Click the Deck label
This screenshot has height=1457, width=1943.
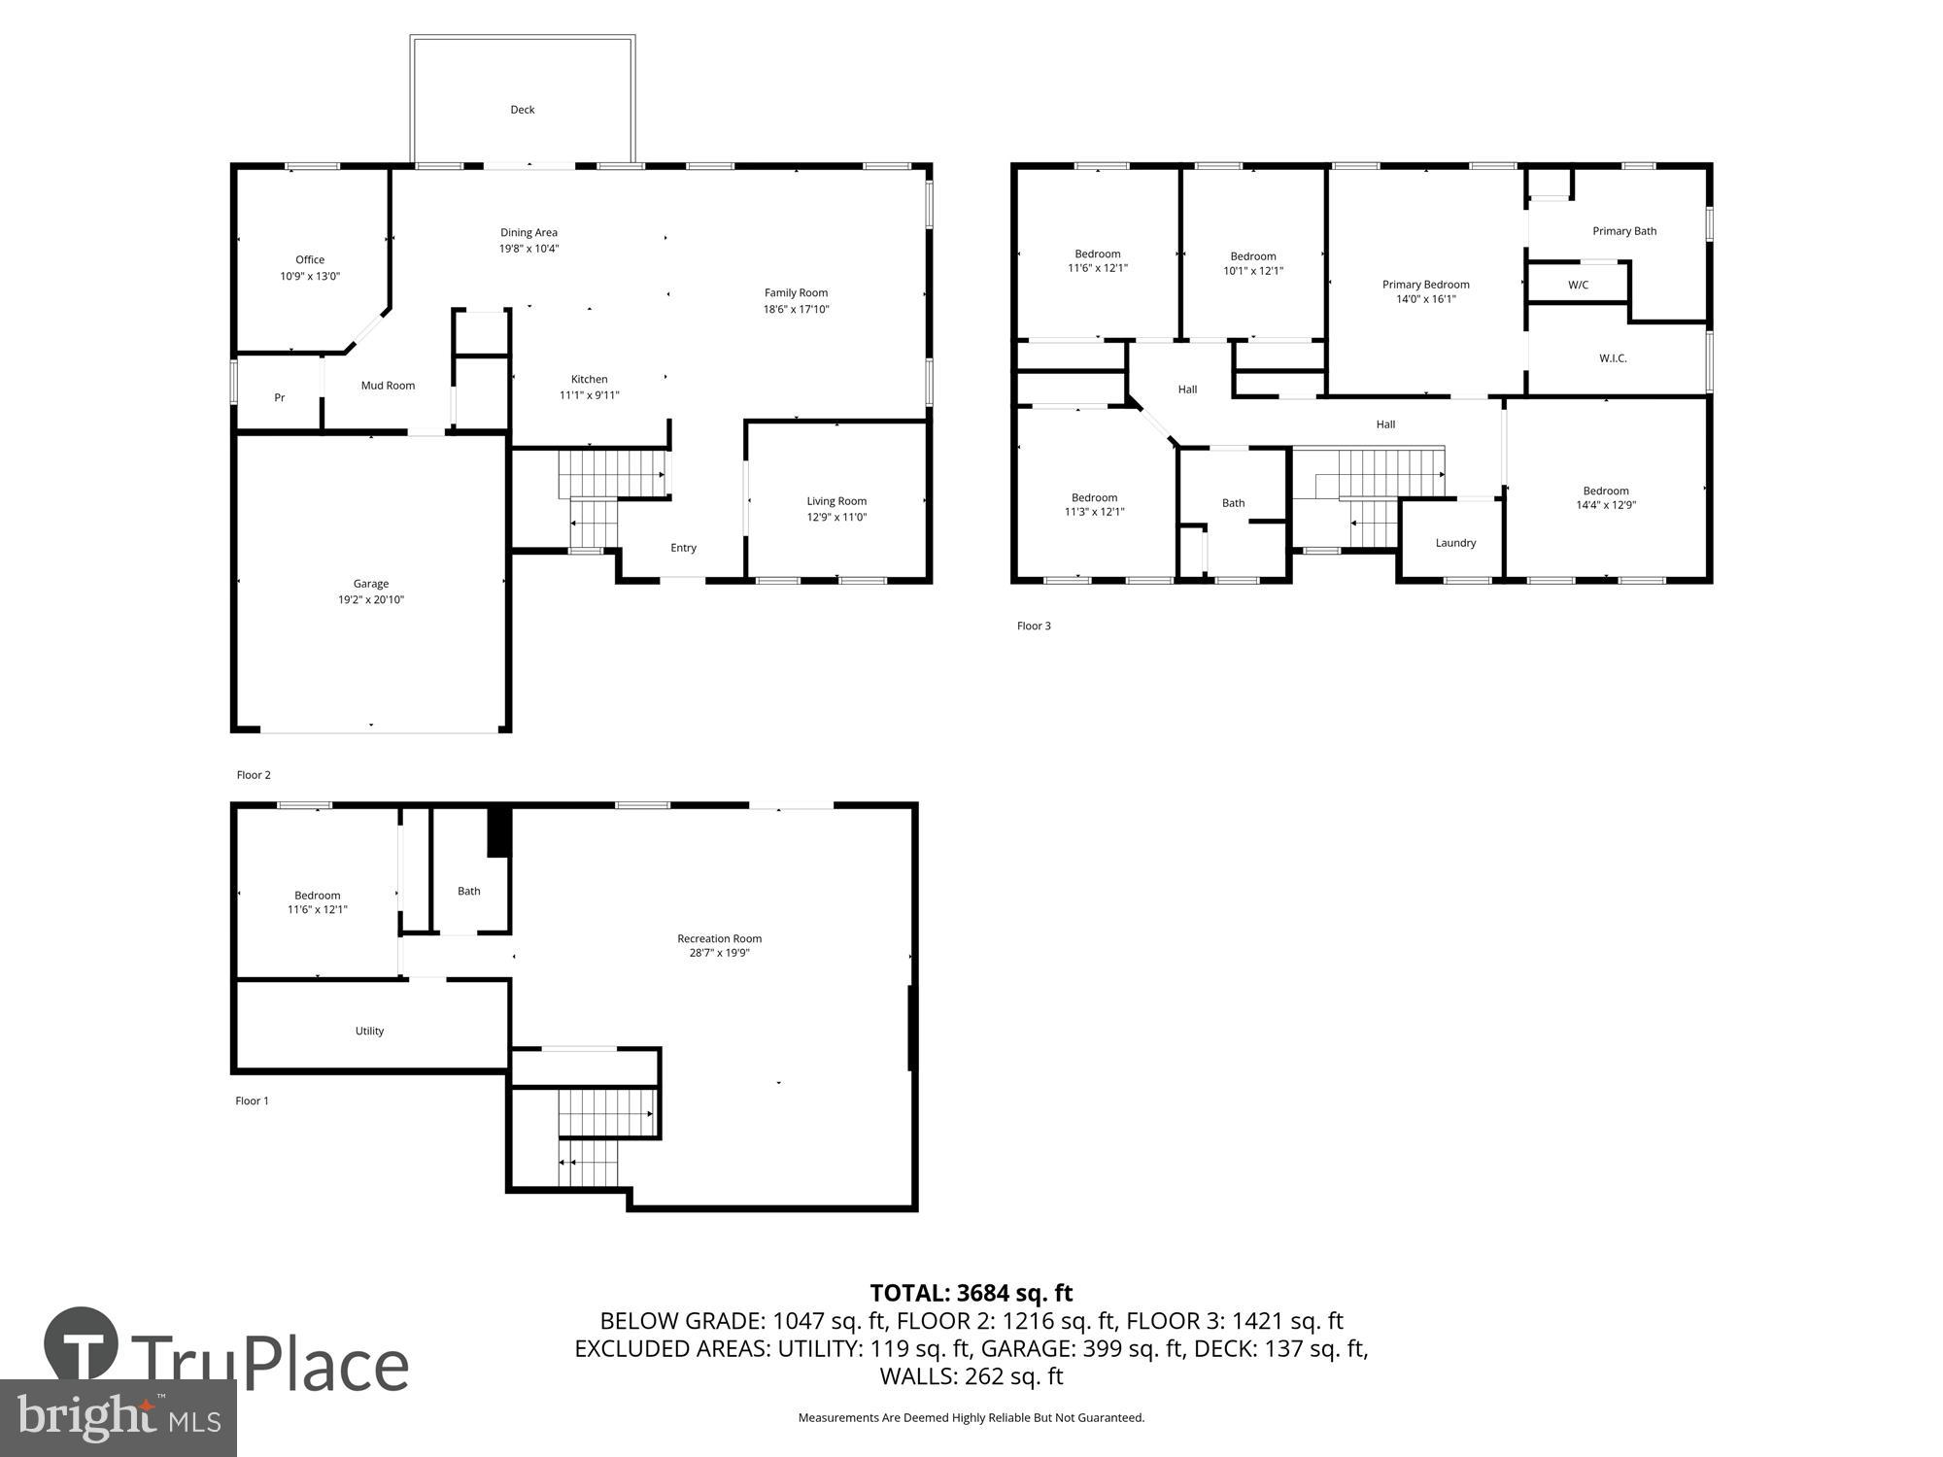(x=523, y=110)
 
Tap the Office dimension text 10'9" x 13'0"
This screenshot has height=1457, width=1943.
(x=310, y=276)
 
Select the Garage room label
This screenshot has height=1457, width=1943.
(x=370, y=584)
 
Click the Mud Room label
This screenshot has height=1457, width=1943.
(x=388, y=386)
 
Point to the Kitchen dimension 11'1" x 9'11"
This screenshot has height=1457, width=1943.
(x=589, y=395)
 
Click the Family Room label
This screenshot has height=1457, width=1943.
(x=796, y=292)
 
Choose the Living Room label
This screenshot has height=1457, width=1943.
(x=836, y=501)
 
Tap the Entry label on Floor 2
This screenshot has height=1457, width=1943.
(x=683, y=548)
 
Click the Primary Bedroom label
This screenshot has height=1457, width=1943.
(x=1425, y=285)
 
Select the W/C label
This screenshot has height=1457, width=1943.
(x=1578, y=285)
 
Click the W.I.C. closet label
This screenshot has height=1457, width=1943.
(x=1613, y=358)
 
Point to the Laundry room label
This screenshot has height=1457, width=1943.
(x=1455, y=543)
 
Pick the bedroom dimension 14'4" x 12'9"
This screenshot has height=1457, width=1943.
(x=1606, y=505)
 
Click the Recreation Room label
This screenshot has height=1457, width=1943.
(x=719, y=938)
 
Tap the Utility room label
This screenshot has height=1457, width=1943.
(x=369, y=1031)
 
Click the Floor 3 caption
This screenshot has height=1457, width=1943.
(x=1034, y=626)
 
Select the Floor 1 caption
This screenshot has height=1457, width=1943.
(x=252, y=1101)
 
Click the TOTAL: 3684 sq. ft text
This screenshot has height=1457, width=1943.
(x=971, y=1293)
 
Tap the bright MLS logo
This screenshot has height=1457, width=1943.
(x=118, y=1418)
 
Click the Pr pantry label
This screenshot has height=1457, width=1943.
(x=279, y=397)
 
